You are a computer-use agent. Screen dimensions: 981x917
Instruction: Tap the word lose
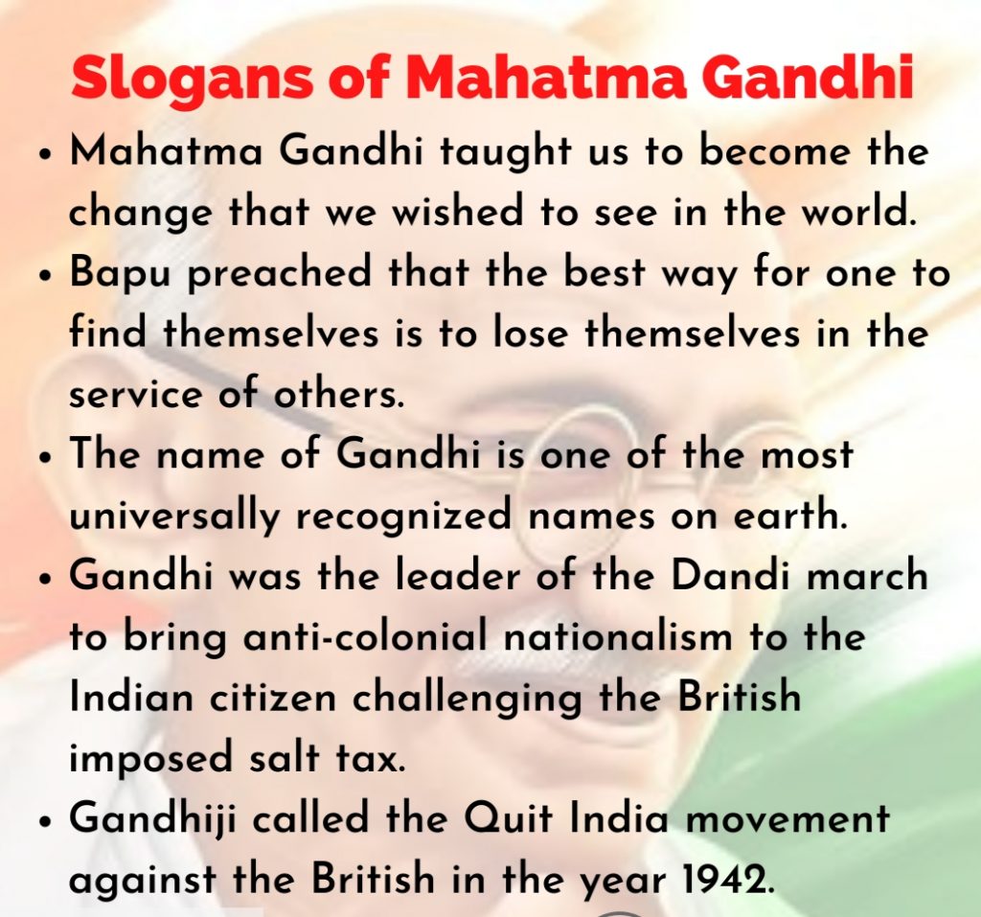[x=531, y=332]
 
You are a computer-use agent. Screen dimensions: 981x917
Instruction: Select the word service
[x=136, y=396]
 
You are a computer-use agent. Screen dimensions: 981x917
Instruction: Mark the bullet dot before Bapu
[x=43, y=276]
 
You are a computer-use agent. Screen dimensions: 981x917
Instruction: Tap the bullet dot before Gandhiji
[x=43, y=822]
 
